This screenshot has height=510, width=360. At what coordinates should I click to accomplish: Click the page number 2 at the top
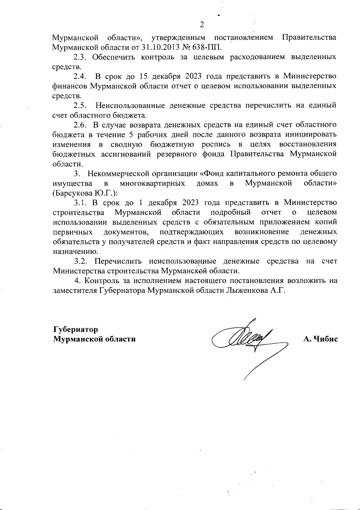(202, 25)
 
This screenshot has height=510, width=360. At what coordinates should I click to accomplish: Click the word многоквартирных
(152, 183)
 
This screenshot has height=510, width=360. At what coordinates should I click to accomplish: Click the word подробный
(231, 212)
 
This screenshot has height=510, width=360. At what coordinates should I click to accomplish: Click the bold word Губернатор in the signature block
(76, 329)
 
